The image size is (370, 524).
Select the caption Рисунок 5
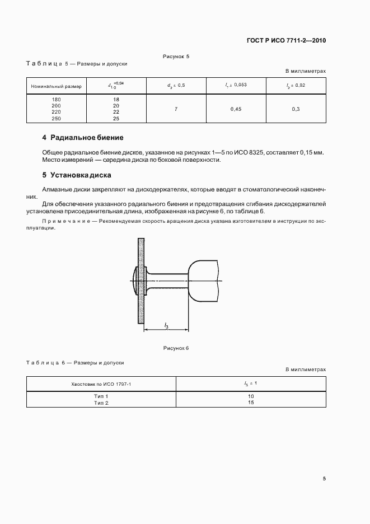coord(176,57)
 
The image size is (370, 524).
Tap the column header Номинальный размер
coord(56,86)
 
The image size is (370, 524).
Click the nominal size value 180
coord(56,99)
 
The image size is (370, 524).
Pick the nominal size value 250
coord(56,119)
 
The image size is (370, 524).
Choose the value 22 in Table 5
coord(116,112)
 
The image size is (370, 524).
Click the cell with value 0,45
coord(236,109)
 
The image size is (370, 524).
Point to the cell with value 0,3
coord(296,109)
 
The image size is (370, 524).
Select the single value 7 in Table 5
coord(176,109)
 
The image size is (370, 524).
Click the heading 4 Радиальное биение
coord(83,138)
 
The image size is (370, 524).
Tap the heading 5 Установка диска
coord(77,175)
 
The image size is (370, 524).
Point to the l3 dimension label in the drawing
coord(167,325)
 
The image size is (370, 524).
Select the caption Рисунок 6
coord(176,348)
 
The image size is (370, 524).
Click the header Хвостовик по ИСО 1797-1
coord(101,383)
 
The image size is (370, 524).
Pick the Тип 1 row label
coord(101,396)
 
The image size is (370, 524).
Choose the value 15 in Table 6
coord(250,403)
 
